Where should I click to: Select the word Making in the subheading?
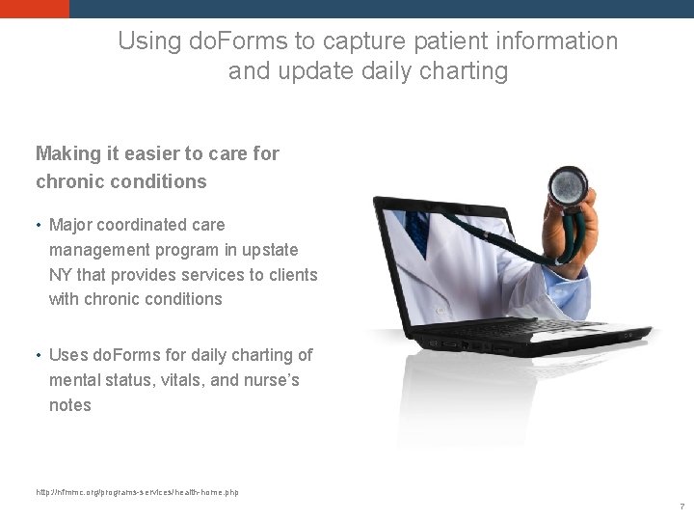coord(67,153)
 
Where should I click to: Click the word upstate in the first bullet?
coord(270,250)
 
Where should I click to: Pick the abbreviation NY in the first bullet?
coord(60,275)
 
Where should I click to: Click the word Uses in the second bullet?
coord(67,355)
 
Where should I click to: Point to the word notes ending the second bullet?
coord(70,405)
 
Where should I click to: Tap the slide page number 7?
coord(681,507)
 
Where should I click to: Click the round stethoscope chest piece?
coord(567,182)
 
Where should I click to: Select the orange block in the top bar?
coord(35,9)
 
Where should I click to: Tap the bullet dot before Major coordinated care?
coord(38,226)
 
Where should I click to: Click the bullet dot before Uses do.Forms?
coord(38,356)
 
